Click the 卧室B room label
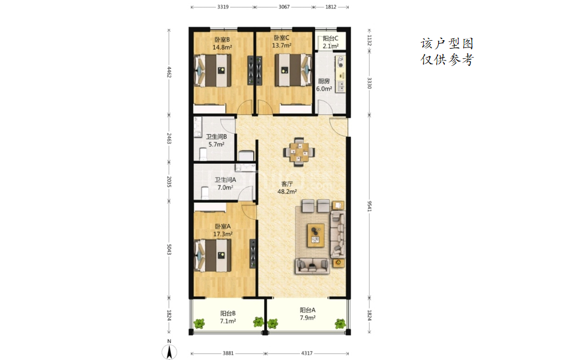point(222,40)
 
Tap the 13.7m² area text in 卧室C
point(281,46)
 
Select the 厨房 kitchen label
point(324,81)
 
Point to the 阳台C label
point(330,38)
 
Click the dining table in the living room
point(299,152)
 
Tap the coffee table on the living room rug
point(316,235)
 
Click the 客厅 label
point(287,184)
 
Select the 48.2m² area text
point(287,191)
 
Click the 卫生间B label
point(216,137)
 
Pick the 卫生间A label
point(225,180)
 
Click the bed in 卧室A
point(213,255)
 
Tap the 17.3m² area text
point(223,235)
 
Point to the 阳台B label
point(228,313)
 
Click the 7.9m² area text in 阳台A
point(308,317)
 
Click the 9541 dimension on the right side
point(370,206)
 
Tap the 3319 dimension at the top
point(223,7)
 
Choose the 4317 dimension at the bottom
point(307,353)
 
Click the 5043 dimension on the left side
point(169,250)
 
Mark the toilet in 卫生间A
point(205,193)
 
